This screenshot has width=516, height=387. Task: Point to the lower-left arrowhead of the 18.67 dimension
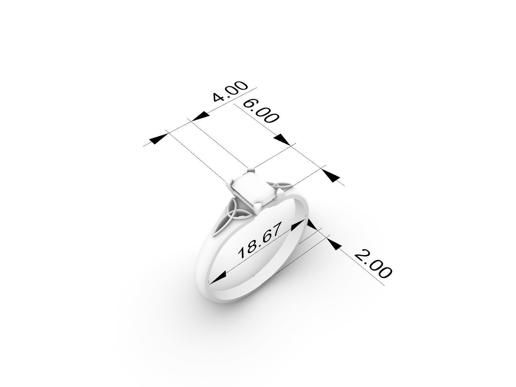pos(217,277)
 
